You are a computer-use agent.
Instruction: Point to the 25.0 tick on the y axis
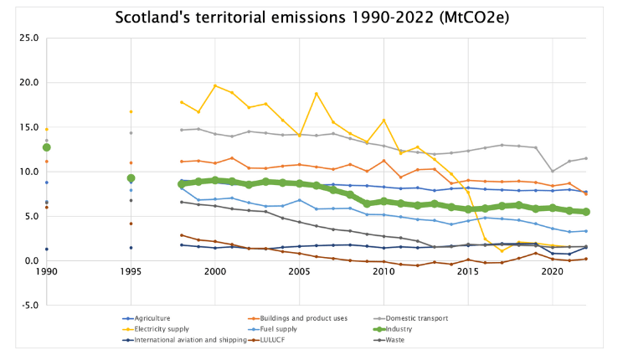point(28,38)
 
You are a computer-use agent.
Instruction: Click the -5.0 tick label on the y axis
point(28,306)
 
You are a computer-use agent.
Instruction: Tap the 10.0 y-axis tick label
point(28,172)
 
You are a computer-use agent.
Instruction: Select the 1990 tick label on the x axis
point(47,273)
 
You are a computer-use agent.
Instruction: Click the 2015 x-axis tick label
point(467,273)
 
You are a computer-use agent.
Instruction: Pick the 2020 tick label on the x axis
point(552,273)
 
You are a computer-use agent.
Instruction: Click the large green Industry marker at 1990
point(47,147)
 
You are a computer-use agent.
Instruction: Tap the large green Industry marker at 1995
point(131,178)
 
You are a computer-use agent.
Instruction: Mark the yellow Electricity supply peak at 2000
point(215,85)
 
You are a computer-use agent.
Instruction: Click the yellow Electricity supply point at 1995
point(131,111)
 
